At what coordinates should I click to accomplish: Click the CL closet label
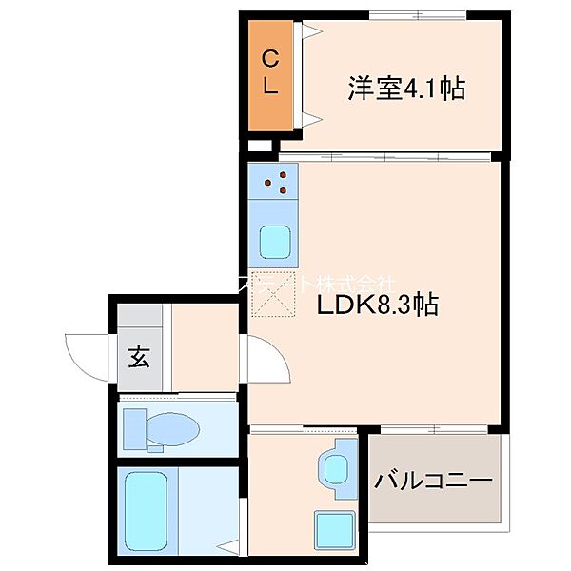coord(270,72)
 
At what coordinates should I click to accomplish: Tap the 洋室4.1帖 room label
coord(406,89)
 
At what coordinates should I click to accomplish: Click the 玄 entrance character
coord(139,359)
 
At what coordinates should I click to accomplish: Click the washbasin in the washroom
coord(337,466)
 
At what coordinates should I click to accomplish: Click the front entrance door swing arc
coord(88,354)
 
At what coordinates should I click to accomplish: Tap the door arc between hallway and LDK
coord(262,360)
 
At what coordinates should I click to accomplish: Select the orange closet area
coord(270,76)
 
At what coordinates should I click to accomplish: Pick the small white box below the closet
coord(259,148)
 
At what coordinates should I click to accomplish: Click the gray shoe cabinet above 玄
coord(139,319)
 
